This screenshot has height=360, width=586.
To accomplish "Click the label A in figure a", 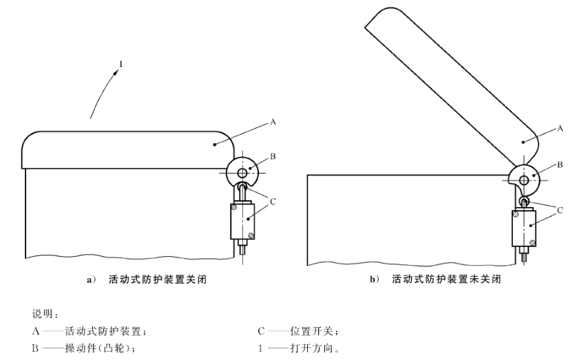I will pos(273,123).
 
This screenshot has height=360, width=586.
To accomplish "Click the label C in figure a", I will pos(273,202).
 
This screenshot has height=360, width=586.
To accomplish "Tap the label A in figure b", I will pos(559,129).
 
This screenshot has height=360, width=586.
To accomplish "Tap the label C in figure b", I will pos(559,210).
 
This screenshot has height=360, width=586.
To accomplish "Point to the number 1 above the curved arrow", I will pos(121,65).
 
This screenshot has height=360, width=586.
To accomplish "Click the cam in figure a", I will pos(240,169).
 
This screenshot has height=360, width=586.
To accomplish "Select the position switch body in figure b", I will pos(524,229).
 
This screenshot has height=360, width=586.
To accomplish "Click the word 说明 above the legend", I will pos(43,314).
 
